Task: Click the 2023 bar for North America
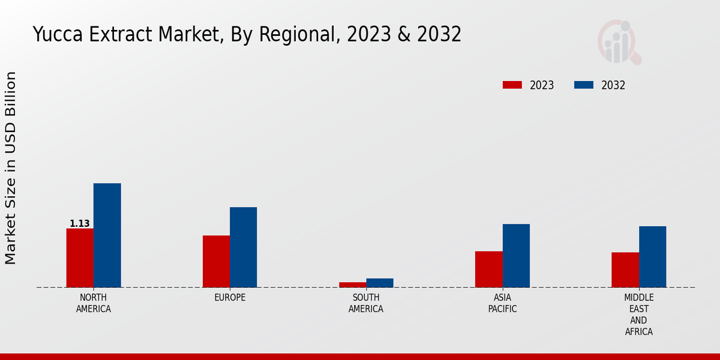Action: click(x=80, y=258)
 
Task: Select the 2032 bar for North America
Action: click(x=107, y=235)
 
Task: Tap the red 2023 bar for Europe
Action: click(x=216, y=262)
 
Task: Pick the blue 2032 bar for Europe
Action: click(x=243, y=247)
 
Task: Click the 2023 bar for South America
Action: click(x=352, y=284)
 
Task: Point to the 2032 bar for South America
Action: click(x=380, y=283)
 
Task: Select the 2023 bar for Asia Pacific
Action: click(x=488, y=269)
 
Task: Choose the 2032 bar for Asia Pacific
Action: click(x=516, y=256)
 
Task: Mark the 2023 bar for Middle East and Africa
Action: click(x=625, y=270)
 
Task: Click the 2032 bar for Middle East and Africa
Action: click(x=652, y=257)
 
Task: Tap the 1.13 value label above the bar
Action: click(x=80, y=224)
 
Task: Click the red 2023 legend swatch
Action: click(x=512, y=85)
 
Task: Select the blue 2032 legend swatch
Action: click(x=584, y=85)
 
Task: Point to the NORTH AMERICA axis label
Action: click(x=94, y=303)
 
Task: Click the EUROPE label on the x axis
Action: click(x=230, y=298)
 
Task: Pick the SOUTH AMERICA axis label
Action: click(x=366, y=303)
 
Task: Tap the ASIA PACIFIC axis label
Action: click(x=502, y=303)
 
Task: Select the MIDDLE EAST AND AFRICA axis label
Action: click(x=638, y=314)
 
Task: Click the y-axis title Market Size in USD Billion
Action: click(x=11, y=168)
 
